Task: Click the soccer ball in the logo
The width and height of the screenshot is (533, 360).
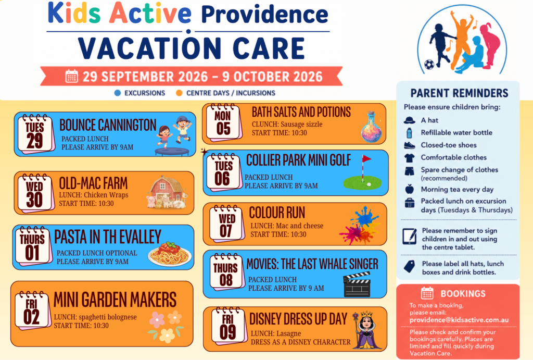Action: pyautogui.click(x=429, y=64)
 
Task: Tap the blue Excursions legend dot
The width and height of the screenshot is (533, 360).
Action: pyautogui.click(x=118, y=93)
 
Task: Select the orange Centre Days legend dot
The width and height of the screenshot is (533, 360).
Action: pyautogui.click(x=179, y=93)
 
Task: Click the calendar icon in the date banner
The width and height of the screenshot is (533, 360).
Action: pyautogui.click(x=71, y=76)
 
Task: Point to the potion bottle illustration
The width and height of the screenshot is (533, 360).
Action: pyautogui.click(x=371, y=127)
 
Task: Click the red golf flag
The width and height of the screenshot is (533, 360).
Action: pyautogui.click(x=366, y=158)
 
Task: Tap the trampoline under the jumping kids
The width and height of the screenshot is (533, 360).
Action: pyautogui.click(x=172, y=152)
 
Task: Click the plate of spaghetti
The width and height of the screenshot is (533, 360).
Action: pyautogui.click(x=170, y=254)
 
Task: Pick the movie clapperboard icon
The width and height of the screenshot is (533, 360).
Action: pyautogui.click(x=357, y=284)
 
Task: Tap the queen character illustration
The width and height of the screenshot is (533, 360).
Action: pyautogui.click(x=366, y=330)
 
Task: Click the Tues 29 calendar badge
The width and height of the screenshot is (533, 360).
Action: pyautogui.click(x=36, y=134)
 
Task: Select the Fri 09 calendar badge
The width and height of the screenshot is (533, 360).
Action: pyautogui.click(x=228, y=326)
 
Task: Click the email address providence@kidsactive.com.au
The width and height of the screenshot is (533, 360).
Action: pyautogui.click(x=459, y=320)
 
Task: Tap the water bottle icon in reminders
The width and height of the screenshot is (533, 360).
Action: pyautogui.click(x=409, y=133)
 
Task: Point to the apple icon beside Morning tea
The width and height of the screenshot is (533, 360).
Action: pyautogui.click(x=409, y=189)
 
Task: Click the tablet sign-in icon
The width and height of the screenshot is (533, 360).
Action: pyautogui.click(x=410, y=236)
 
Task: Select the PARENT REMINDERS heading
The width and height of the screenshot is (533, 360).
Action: pyautogui.click(x=459, y=93)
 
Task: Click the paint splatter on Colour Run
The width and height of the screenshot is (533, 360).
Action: pyautogui.click(x=360, y=225)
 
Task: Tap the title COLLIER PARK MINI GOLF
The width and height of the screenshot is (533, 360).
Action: pyautogui.click(x=298, y=160)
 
